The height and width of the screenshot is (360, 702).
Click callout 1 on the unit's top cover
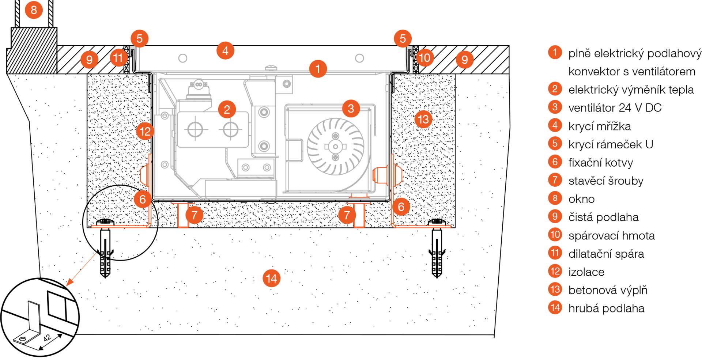318,69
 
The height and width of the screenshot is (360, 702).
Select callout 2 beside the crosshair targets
227,109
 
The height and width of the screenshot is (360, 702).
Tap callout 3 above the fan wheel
351,109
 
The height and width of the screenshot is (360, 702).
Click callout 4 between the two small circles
225,50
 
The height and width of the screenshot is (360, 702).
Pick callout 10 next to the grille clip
424,58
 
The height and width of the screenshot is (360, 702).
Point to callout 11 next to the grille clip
118,58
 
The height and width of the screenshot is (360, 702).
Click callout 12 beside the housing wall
145,131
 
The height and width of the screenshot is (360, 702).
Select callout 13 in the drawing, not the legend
423,119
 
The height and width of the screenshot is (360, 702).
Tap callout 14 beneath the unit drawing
271,278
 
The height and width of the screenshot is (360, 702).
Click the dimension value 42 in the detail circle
47,338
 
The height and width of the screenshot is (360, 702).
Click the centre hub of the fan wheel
335,147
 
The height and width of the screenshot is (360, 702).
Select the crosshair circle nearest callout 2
231,129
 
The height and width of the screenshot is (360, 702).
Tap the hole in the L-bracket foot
22,340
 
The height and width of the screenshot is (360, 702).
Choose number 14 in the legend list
555,307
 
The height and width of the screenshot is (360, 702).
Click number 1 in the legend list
555,52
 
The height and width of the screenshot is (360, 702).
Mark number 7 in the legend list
555,180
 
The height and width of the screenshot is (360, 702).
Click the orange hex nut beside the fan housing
380,175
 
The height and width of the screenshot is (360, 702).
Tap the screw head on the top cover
271,68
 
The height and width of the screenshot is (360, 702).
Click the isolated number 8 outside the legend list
34,10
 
